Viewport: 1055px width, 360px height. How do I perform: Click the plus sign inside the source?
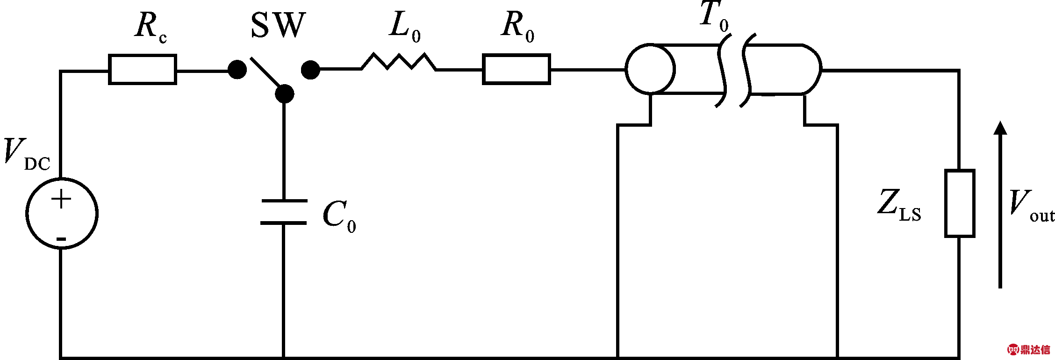(61, 199)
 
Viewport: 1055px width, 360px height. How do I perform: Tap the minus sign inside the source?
(61, 239)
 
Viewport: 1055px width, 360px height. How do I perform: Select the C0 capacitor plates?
(284, 212)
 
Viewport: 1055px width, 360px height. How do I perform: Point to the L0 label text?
(405, 27)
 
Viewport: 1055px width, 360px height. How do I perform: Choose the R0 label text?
(518, 27)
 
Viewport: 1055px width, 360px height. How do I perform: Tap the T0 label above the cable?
(714, 17)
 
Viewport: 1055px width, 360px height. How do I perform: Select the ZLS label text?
(899, 205)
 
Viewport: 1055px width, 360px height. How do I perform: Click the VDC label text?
(27, 154)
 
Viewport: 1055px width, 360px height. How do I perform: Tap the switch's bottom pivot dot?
(284, 94)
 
